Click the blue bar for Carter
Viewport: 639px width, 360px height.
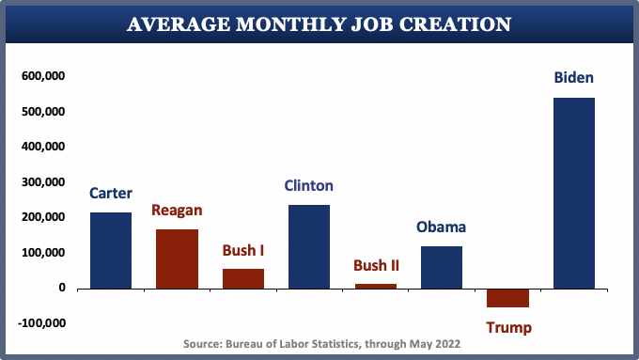pyautogui.click(x=111, y=250)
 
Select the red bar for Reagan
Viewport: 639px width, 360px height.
pyautogui.click(x=177, y=258)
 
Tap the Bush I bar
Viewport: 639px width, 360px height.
pyautogui.click(x=242, y=278)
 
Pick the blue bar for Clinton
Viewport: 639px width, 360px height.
pyautogui.click(x=309, y=246)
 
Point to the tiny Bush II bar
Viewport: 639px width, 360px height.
pyautogui.click(x=375, y=286)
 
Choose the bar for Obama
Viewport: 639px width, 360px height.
pyautogui.click(x=442, y=267)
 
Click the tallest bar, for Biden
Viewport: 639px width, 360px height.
pyautogui.click(x=573, y=193)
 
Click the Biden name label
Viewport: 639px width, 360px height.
pyautogui.click(x=573, y=78)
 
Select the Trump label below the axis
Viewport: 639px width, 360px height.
pyautogui.click(x=508, y=327)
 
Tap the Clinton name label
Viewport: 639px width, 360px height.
pyautogui.click(x=309, y=185)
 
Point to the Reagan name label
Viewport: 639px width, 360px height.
pyautogui.click(x=177, y=210)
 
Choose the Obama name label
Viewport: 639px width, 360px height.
pyautogui.click(x=442, y=227)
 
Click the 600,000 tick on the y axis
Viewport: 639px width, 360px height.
pyautogui.click(x=42, y=76)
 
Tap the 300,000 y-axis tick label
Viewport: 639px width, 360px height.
pyautogui.click(x=42, y=182)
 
